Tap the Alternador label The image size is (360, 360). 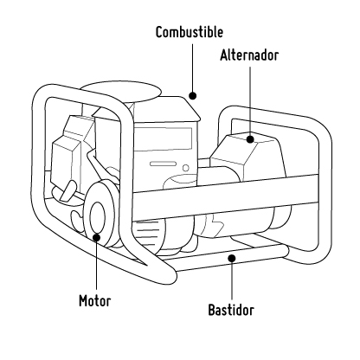click(x=249, y=54)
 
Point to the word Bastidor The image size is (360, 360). click(x=231, y=309)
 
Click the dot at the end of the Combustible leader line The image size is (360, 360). click(x=194, y=97)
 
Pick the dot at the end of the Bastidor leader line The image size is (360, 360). click(x=231, y=257)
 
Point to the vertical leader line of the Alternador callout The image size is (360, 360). click(x=249, y=100)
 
